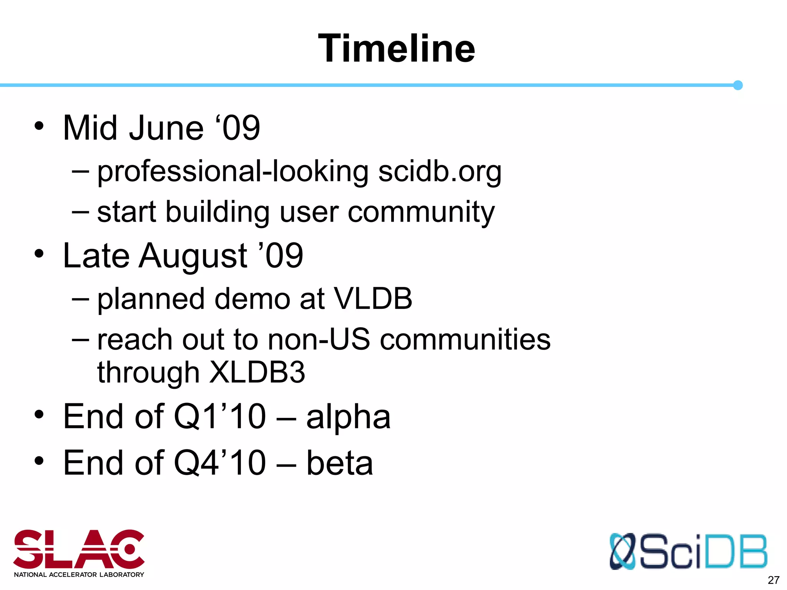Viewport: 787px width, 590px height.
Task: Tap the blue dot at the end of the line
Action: [737, 85]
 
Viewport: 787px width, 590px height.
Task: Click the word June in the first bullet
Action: [166, 128]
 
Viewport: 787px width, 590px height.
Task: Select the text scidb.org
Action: [440, 172]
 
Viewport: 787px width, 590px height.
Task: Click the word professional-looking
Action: [233, 172]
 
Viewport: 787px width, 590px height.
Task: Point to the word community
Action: [421, 212]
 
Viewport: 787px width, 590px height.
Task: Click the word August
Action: [193, 256]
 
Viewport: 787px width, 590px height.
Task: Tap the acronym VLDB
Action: [373, 299]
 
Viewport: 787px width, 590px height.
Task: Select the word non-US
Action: [319, 340]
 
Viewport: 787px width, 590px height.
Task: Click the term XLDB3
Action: [257, 372]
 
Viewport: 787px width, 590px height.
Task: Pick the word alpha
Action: [348, 417]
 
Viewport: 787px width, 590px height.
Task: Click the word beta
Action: [339, 463]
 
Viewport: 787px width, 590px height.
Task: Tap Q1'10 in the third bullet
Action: [219, 417]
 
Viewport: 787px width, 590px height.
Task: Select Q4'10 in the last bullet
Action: [219, 463]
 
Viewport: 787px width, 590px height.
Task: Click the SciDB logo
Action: [688, 552]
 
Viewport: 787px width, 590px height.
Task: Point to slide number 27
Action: [773, 580]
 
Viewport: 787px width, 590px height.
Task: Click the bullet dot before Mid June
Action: [39, 126]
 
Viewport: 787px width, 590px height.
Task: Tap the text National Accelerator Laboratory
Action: [79, 575]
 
